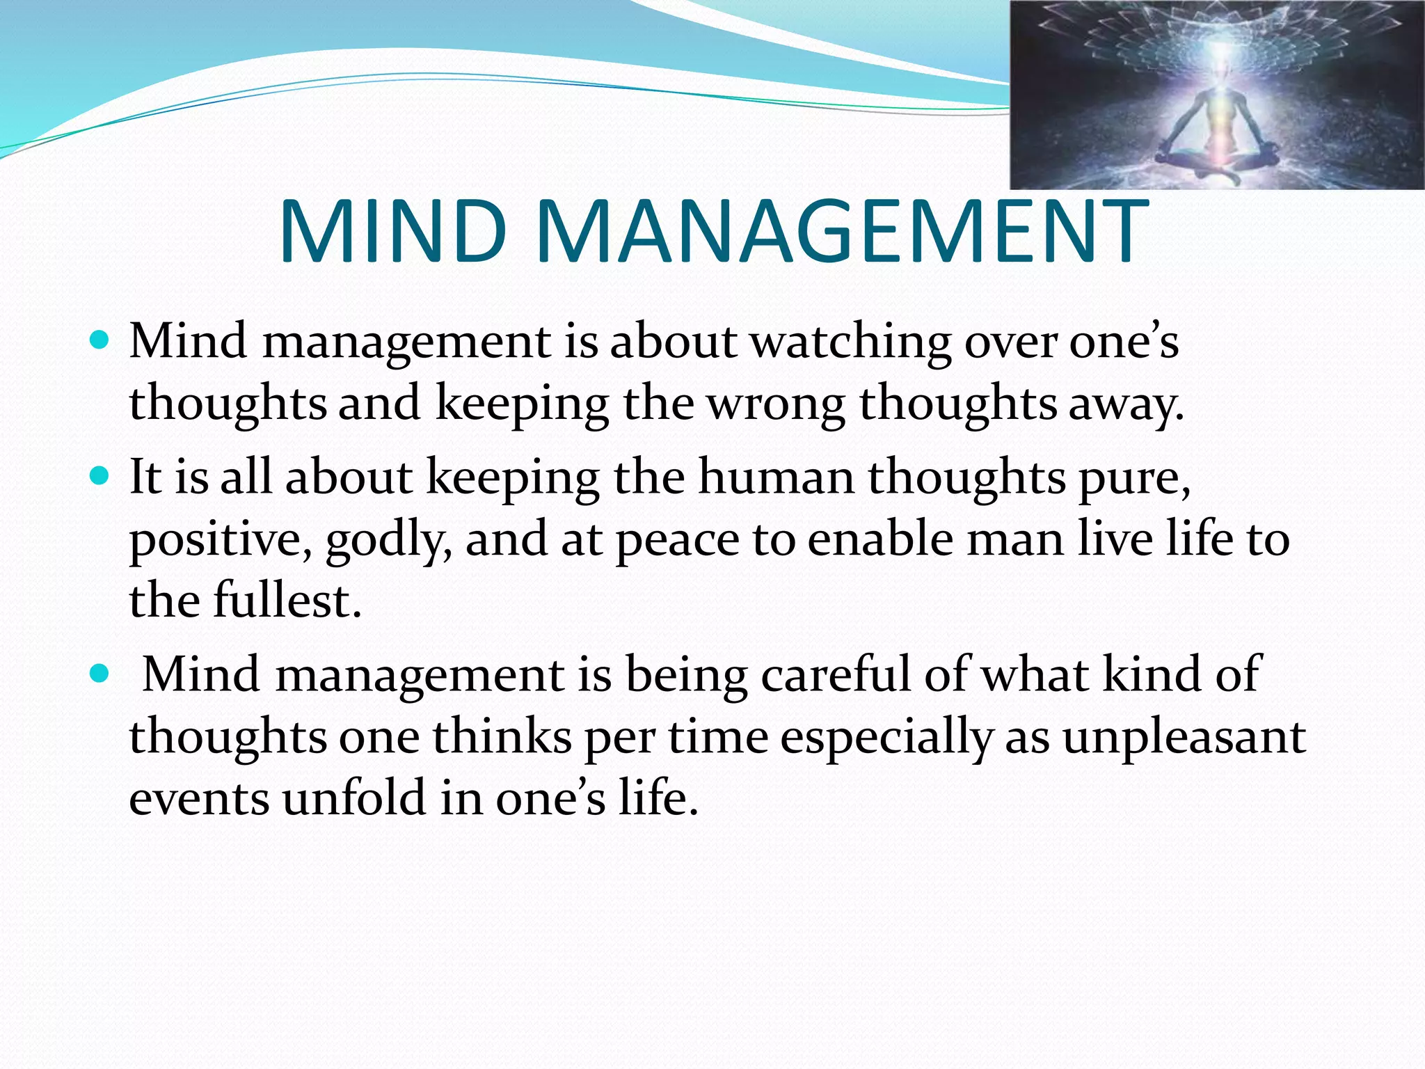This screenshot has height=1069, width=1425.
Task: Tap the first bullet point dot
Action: coord(100,341)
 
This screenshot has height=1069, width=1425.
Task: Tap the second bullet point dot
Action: coord(100,477)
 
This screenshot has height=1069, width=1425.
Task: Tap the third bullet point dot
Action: coord(100,674)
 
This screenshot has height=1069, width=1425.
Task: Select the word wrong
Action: coord(776,404)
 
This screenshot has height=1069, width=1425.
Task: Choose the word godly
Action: coord(388,540)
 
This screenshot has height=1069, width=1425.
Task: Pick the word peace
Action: coord(677,540)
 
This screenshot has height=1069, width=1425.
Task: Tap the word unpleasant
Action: coord(1184,736)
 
